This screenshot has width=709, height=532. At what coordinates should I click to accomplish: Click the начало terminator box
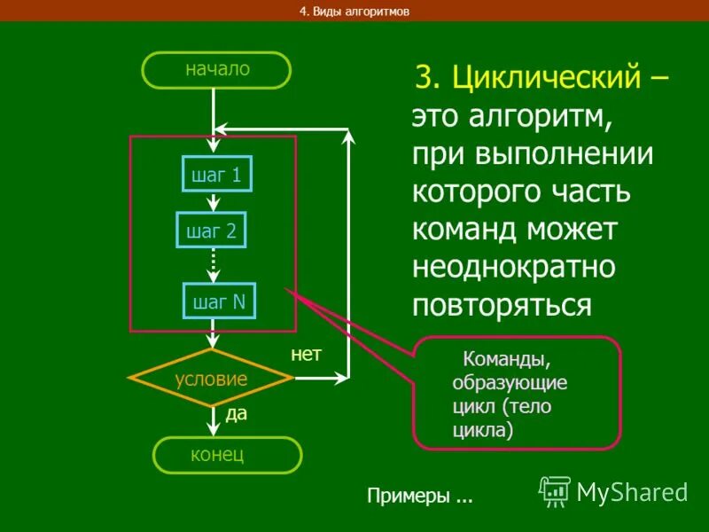(x=218, y=69)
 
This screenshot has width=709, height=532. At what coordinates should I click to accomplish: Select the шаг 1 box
(x=217, y=175)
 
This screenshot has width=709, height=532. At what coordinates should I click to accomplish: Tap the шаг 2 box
(x=212, y=231)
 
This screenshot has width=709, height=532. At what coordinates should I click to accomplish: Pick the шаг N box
(x=219, y=301)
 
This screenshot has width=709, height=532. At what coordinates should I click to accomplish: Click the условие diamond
(x=211, y=379)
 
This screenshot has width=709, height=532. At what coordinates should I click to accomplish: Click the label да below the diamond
(x=236, y=413)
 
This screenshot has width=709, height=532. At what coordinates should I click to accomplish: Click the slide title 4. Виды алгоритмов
(x=354, y=12)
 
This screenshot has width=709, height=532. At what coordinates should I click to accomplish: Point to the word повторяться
(x=502, y=304)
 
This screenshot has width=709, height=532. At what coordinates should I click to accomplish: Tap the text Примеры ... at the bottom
(x=420, y=497)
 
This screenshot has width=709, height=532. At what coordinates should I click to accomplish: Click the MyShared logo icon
(x=556, y=490)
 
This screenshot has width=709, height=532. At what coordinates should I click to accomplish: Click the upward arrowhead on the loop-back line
(x=349, y=137)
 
